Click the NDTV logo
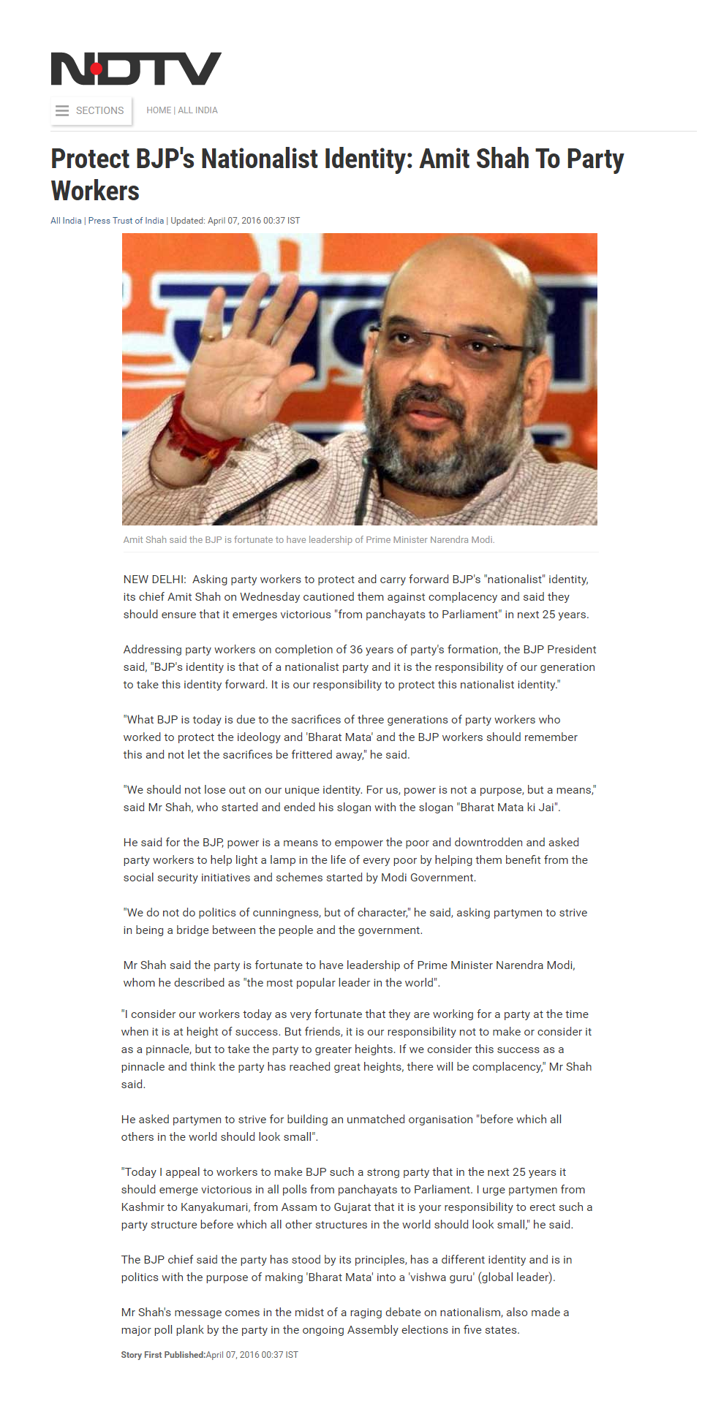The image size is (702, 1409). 136,69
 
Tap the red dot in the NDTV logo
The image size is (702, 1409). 97,69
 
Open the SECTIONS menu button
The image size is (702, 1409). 91,110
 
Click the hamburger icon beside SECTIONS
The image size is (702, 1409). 62,110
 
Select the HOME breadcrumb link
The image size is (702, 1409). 159,110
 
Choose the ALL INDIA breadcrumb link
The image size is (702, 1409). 198,110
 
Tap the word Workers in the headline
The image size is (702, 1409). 95,191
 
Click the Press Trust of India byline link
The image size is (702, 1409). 126,221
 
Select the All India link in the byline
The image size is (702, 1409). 66,221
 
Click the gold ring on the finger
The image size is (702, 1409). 210,337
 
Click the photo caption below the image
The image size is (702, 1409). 309,540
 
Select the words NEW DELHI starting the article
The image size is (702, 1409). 154,580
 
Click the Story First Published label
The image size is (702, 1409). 163,1355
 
